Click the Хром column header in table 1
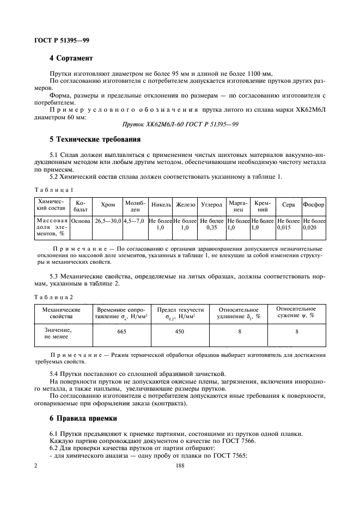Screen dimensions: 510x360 pyautogui.click(x=108, y=205)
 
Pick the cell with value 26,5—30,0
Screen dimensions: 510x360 pyautogui.click(x=108, y=221)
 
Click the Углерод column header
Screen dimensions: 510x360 pyautogui.click(x=211, y=205)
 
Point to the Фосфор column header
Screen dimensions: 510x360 pyautogui.click(x=314, y=205)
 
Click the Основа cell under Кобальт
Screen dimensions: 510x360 pyautogui.click(x=81, y=221)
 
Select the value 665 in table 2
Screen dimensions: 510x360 pyautogui.click(x=122, y=331)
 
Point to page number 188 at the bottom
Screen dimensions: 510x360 pyautogui.click(x=180, y=466)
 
